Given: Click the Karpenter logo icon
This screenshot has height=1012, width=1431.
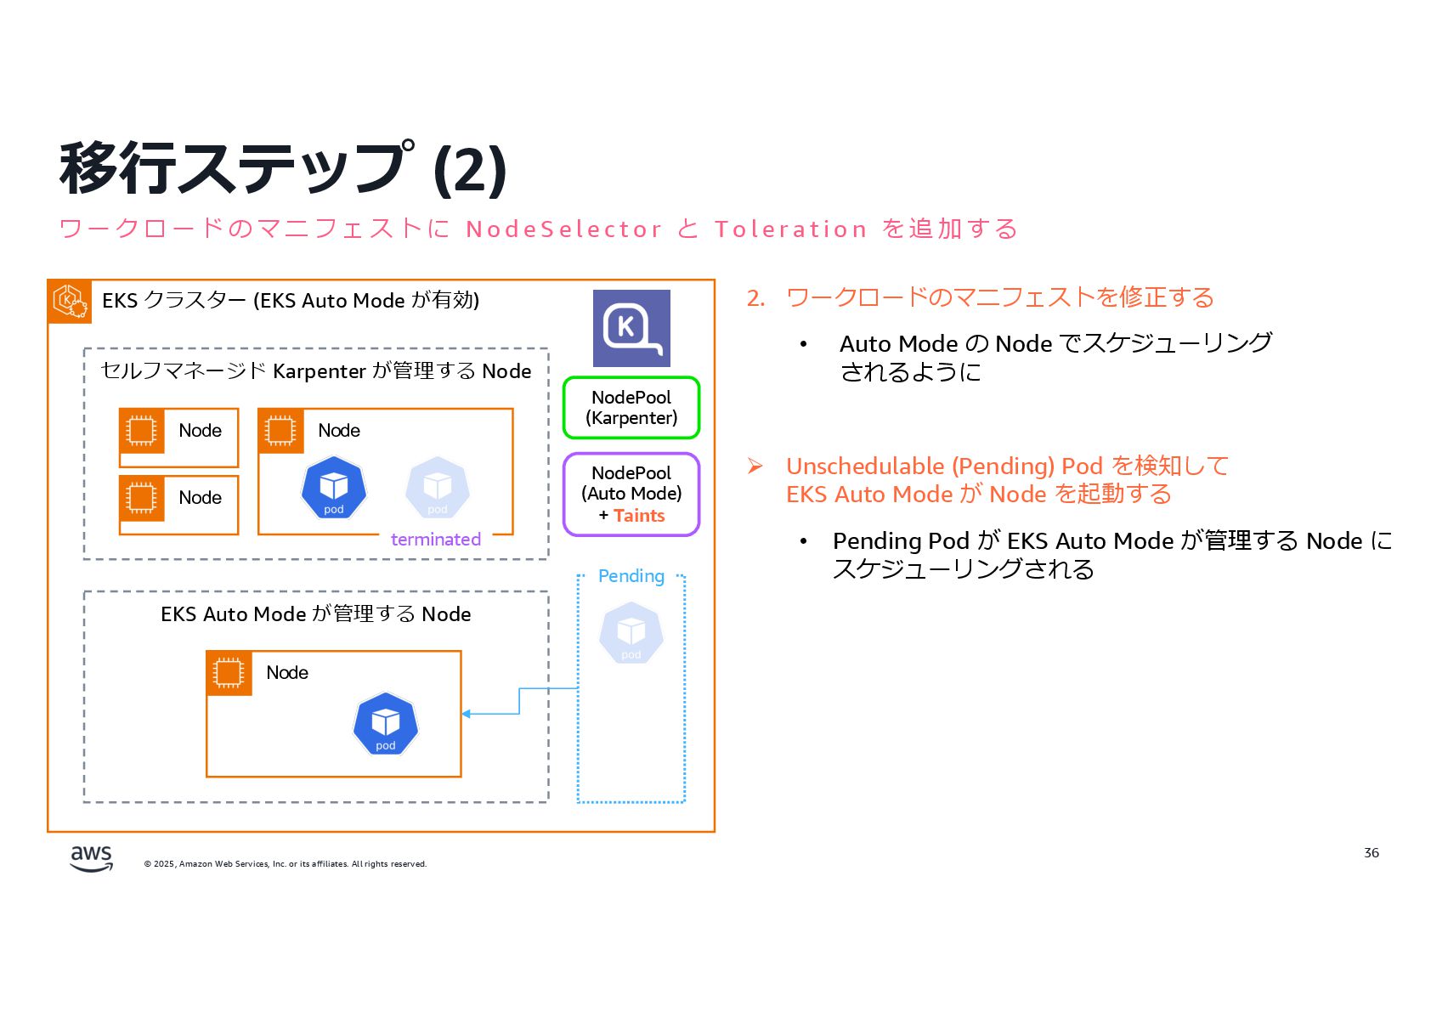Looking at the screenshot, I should (x=631, y=328).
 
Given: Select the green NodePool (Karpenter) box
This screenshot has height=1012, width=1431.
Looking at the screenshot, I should (x=631, y=408).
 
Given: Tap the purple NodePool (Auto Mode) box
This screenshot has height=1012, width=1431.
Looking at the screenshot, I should (x=631, y=494).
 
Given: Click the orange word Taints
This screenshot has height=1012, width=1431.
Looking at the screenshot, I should (x=639, y=516).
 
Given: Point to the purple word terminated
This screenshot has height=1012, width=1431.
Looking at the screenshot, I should (x=435, y=540).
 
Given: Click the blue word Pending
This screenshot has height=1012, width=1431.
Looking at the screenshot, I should (x=631, y=576).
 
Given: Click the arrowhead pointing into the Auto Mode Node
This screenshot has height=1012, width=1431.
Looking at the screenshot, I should (x=467, y=714).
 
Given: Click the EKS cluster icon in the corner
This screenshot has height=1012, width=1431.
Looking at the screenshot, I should (x=70, y=301).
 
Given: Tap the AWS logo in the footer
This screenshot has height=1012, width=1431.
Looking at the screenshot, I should (x=91, y=858).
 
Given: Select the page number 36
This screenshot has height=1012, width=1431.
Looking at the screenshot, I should (x=1371, y=853).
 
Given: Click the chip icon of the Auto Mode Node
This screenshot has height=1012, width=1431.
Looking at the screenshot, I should (x=229, y=673).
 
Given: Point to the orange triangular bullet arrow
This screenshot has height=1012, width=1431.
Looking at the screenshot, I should (x=755, y=466).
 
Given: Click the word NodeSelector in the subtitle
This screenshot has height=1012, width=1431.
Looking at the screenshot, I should (x=563, y=229).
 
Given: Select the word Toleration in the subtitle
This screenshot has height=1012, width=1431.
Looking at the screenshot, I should (x=790, y=229).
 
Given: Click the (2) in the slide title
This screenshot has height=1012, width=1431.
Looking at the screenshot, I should (x=470, y=170).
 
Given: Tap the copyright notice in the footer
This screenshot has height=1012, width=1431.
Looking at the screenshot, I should (x=286, y=864).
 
